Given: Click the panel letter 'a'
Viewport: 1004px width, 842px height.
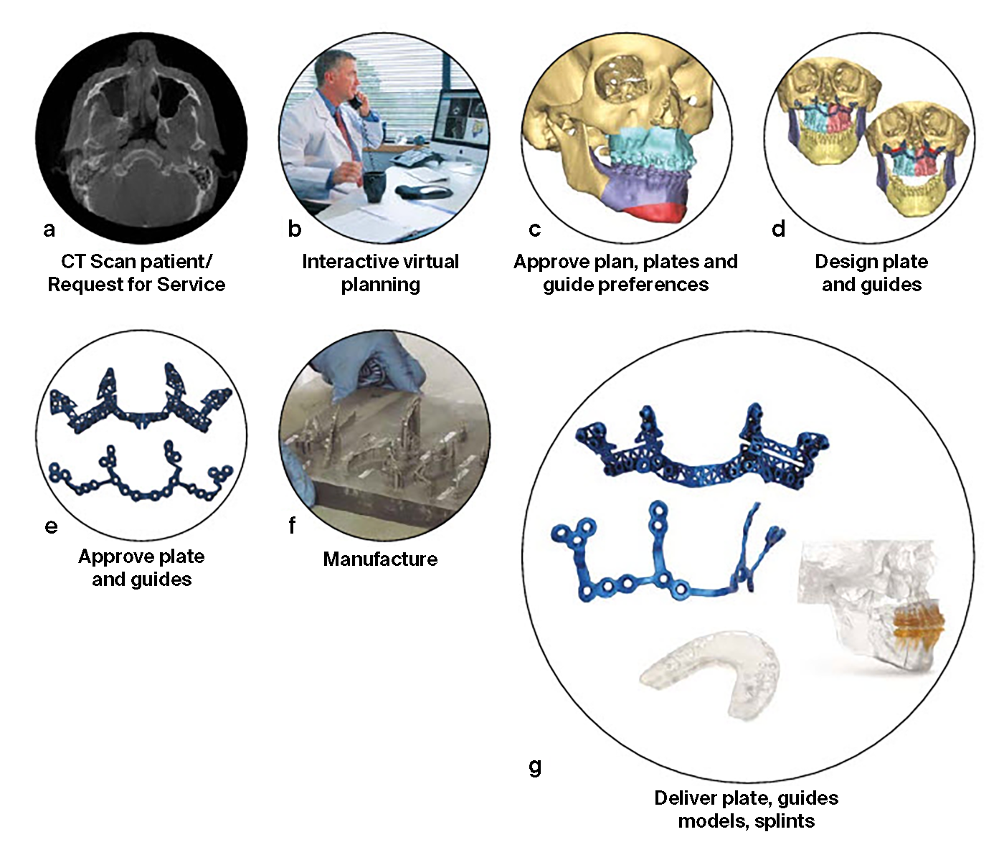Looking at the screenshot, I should click(x=49, y=230).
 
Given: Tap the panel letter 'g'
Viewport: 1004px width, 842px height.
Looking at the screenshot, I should click(x=535, y=767).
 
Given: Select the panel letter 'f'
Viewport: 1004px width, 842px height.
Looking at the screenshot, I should click(x=292, y=526).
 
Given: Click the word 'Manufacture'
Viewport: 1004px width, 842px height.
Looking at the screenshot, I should click(x=380, y=559).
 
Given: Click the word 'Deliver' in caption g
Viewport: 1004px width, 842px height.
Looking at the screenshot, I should click(x=686, y=798).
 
